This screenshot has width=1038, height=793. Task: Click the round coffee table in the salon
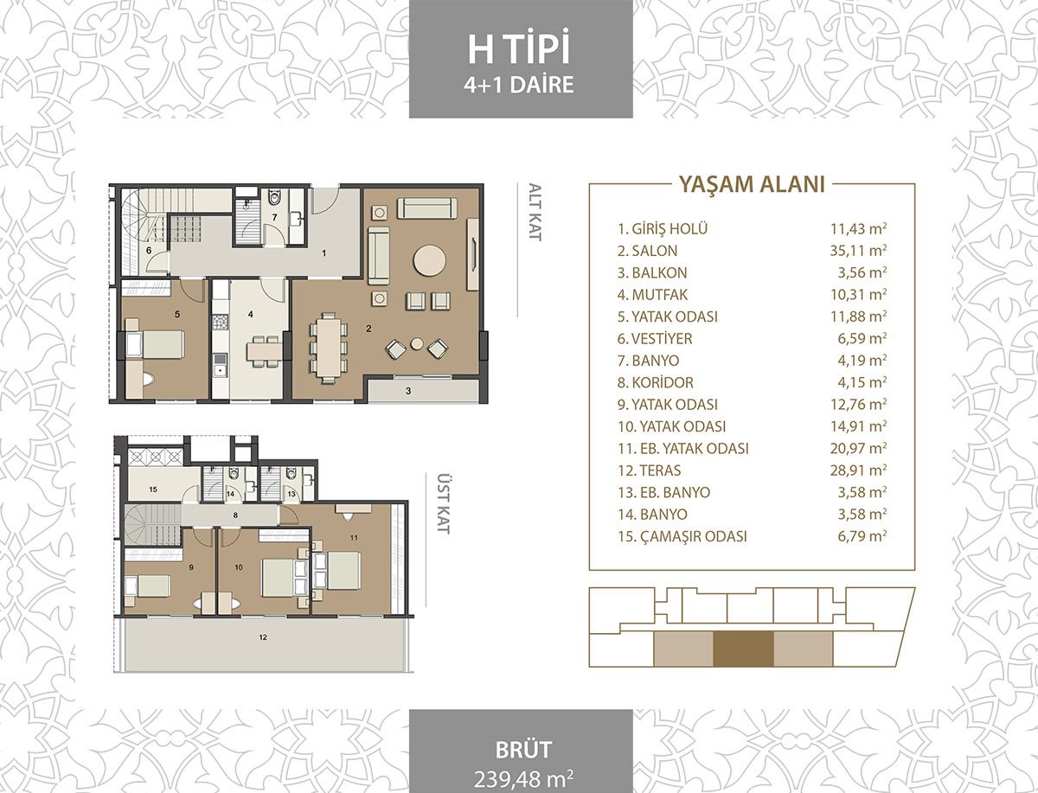click(429, 261)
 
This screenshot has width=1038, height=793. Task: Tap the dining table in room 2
click(328, 347)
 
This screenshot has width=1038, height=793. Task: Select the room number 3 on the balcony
click(408, 391)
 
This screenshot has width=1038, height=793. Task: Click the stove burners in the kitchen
click(221, 322)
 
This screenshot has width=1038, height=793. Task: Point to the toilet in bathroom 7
click(274, 198)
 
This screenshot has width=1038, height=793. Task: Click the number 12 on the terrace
click(264, 637)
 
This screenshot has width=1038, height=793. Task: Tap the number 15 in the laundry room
click(153, 489)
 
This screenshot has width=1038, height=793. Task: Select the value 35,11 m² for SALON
click(858, 250)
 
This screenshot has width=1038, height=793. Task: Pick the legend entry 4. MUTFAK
click(652, 294)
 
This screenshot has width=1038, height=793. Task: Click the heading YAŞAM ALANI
click(752, 184)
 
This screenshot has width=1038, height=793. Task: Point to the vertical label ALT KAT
click(535, 212)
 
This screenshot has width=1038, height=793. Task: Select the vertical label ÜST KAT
click(442, 502)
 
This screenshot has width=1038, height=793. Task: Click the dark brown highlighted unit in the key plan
click(743, 649)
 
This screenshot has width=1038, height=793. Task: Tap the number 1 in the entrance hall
click(324, 253)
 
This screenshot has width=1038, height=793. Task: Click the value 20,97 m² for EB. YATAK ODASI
click(858, 448)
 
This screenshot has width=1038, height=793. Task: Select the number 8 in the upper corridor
click(235, 515)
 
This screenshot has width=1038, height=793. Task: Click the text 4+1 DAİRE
click(519, 85)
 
